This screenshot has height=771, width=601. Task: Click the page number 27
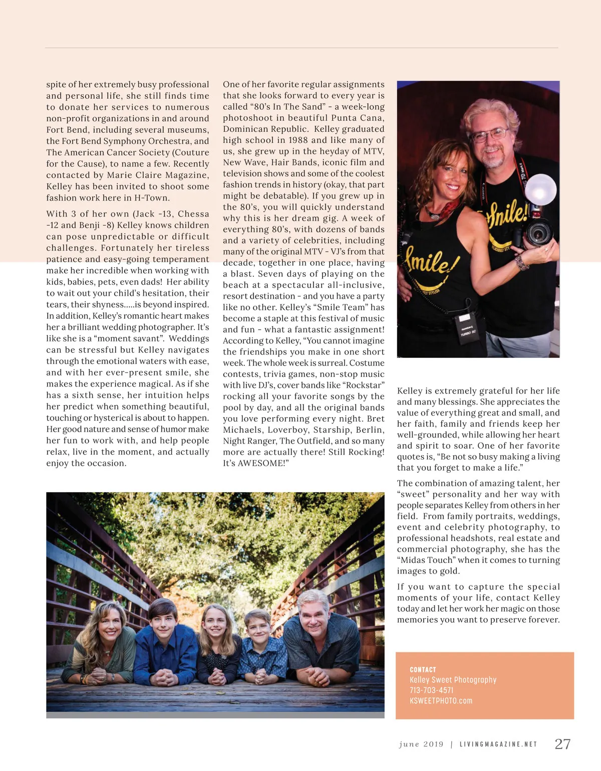coord(562,744)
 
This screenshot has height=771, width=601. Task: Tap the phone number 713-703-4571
coord(431,690)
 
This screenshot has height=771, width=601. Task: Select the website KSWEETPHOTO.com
coord(441,701)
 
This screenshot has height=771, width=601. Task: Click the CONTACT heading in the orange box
coord(423,670)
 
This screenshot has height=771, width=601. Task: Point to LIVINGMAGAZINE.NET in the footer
coord(498,744)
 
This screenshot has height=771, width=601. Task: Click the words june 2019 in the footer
coord(421,744)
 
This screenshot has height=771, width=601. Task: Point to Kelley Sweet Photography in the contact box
coord(453,680)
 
